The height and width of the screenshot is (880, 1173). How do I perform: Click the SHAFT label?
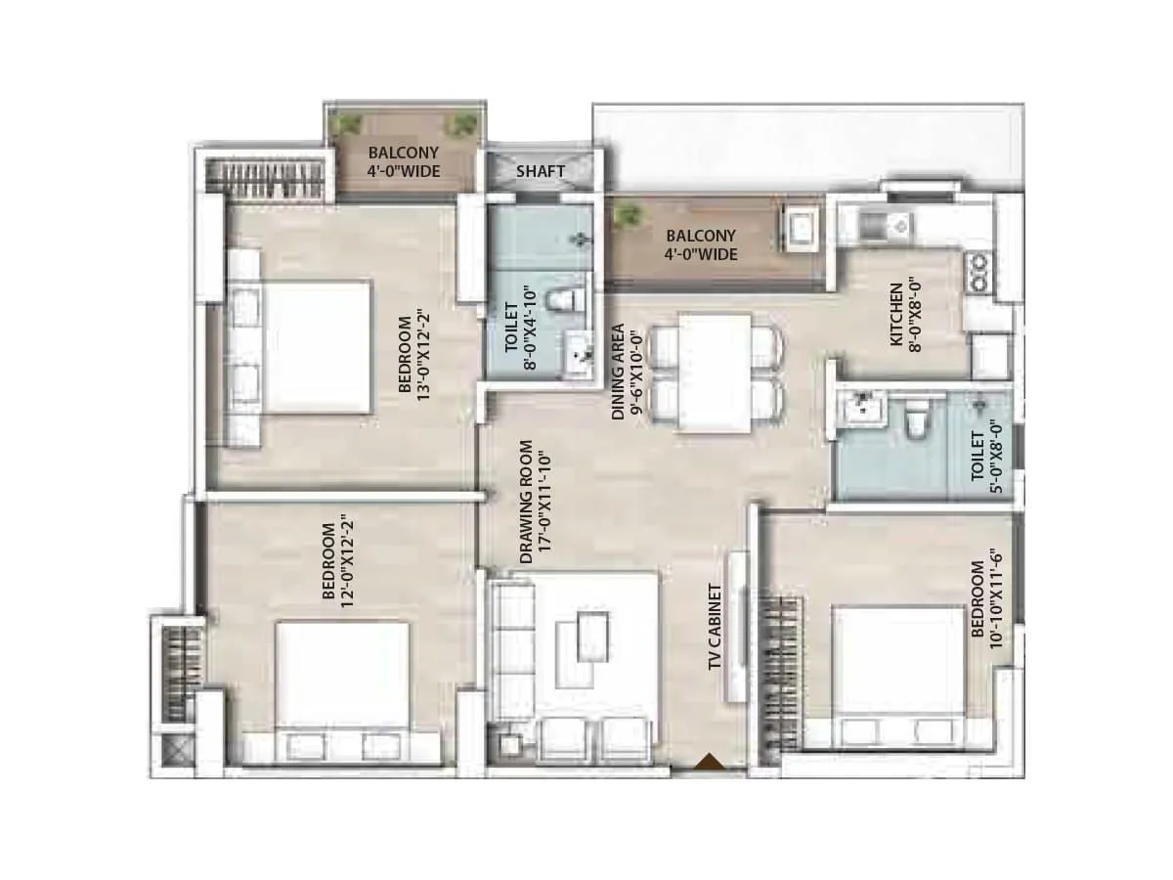(x=541, y=171)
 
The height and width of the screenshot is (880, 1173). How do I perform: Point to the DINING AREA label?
(x=626, y=372)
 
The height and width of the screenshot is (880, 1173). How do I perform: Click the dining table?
(x=716, y=373)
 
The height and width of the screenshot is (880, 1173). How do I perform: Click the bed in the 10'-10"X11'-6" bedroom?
(x=897, y=675)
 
